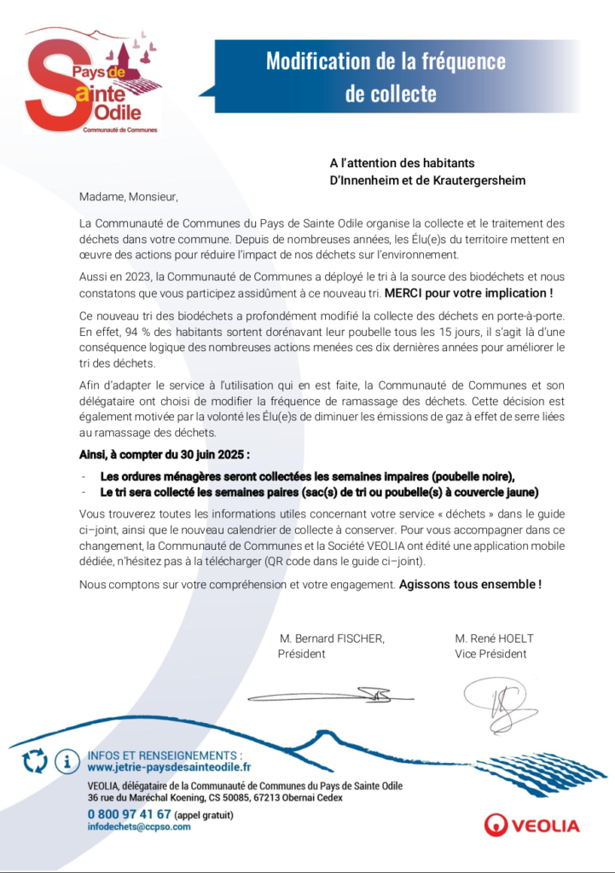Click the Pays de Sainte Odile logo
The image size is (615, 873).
click(91, 82)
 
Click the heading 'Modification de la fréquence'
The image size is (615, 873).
click(386, 61)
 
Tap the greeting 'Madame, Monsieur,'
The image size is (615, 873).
click(128, 197)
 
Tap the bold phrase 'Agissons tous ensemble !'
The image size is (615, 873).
click(470, 585)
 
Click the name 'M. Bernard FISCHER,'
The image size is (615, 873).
click(332, 639)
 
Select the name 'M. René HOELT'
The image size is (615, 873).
click(494, 639)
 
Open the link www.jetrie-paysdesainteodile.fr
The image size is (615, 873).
click(169, 767)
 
